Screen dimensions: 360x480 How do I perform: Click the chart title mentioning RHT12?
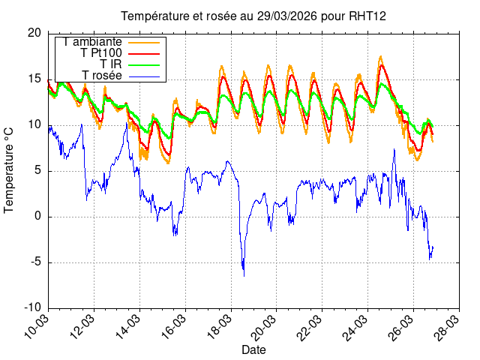(253, 16)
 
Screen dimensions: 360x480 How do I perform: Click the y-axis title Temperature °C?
(10, 170)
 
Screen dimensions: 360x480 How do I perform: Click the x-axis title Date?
(253, 349)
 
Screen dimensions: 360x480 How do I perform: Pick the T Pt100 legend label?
(101, 53)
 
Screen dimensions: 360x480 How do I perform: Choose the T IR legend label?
(111, 64)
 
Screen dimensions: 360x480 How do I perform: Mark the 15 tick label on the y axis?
(34, 79)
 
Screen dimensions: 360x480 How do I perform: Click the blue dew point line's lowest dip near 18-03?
(243, 275)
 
